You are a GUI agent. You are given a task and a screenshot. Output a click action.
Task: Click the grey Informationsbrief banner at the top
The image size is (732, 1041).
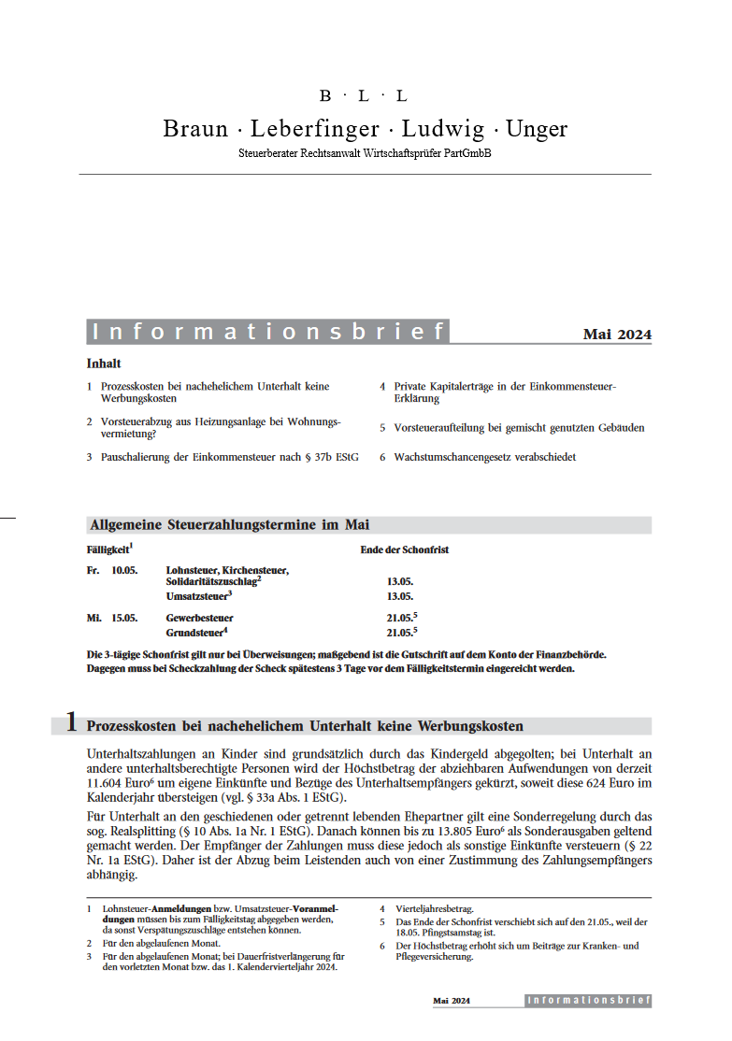pos(267,332)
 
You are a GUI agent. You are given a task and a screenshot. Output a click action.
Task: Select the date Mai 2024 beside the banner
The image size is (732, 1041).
pos(617,335)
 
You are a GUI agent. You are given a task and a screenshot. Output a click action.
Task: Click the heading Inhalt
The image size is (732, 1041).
pos(104,364)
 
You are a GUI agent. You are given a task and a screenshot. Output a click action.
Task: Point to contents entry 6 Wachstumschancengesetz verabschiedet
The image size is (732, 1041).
pos(484,457)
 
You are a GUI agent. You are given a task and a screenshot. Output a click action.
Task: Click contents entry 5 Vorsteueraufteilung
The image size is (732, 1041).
pos(518,427)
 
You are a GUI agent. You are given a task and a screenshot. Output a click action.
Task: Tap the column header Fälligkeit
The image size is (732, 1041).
pos(108,549)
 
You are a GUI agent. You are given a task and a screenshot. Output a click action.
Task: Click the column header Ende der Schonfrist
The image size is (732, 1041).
pos(404,549)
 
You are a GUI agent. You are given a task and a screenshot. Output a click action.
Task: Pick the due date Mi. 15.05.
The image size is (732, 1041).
pos(111,618)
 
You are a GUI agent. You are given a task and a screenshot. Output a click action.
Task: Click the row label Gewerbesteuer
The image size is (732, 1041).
pos(200,618)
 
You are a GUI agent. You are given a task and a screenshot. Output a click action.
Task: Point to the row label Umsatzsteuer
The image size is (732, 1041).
pos(197,595)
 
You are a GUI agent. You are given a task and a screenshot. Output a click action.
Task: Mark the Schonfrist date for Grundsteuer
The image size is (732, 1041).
pos(400,633)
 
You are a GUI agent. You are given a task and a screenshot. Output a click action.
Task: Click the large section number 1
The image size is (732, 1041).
pos(71,722)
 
